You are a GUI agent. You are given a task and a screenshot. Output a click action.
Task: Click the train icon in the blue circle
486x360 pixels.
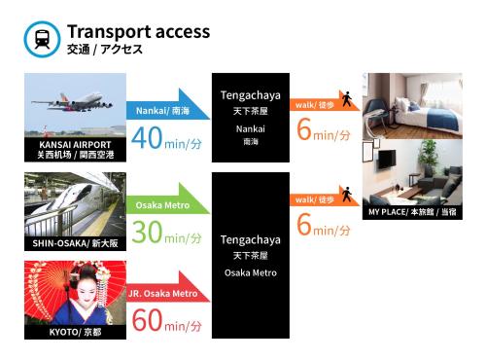click(42, 39)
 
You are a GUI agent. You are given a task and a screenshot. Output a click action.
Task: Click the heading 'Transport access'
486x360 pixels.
click(139, 32)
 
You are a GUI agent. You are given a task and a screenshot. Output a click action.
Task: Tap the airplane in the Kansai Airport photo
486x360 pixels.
click(72, 101)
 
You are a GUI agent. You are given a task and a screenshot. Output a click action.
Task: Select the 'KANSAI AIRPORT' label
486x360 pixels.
click(75, 145)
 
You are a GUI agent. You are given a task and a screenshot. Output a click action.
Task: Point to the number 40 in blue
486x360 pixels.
click(147, 138)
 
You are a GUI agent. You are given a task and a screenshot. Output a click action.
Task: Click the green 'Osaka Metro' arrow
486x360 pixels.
click(168, 200)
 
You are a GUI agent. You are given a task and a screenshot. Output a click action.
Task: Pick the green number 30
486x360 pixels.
click(147, 232)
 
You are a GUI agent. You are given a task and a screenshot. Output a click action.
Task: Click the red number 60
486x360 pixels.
click(147, 320)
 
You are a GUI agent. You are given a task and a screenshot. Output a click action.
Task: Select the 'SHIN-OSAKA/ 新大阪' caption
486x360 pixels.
click(75, 243)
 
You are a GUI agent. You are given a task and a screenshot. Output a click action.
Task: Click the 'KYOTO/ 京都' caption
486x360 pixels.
click(75, 332)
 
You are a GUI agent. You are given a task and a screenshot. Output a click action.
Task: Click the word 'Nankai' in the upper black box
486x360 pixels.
click(251, 129)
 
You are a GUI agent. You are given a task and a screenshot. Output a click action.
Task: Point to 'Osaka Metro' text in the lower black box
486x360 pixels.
click(251, 272)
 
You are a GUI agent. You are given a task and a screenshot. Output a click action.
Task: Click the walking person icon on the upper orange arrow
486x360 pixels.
click(347, 99)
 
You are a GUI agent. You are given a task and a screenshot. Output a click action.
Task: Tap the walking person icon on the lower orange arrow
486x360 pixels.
click(347, 194)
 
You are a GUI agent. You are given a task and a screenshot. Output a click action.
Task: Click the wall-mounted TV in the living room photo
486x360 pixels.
click(387, 160)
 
